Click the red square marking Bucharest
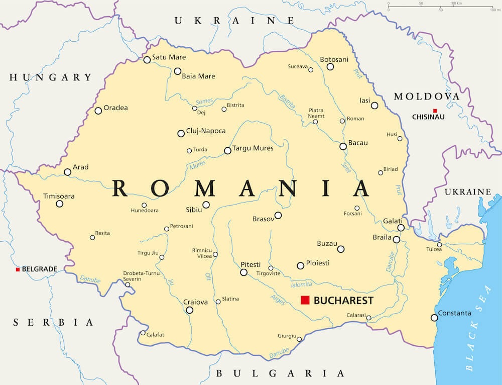[x=305, y=300]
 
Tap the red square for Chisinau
[x=435, y=111]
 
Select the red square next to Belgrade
[x=18, y=269]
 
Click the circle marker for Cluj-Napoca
[x=181, y=133]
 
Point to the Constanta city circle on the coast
[x=434, y=318]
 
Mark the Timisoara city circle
[x=59, y=204]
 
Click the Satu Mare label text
[x=169, y=57]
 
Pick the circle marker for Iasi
[x=374, y=106]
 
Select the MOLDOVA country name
[x=426, y=97]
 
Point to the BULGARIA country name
[x=280, y=373]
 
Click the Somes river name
[x=204, y=102]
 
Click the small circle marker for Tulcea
[x=439, y=245]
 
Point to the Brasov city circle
[x=278, y=215]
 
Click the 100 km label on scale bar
[x=456, y=4]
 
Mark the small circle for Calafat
[x=143, y=333]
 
